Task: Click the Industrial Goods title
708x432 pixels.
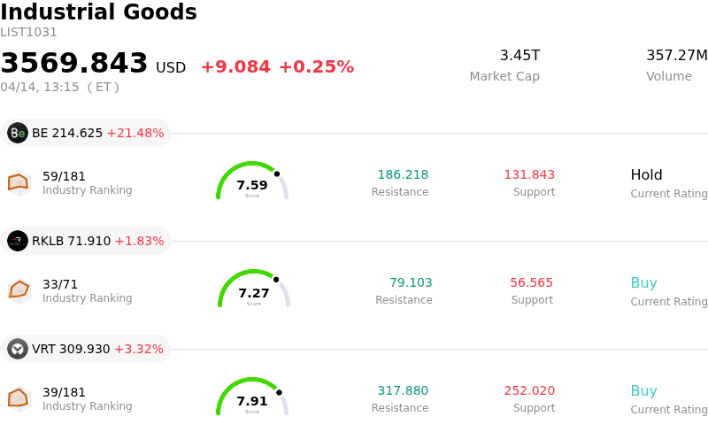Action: (98, 12)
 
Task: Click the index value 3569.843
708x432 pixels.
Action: (74, 64)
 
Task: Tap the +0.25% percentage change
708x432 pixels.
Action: (316, 67)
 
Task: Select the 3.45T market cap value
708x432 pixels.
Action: (519, 56)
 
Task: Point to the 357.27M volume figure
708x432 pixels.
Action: (676, 56)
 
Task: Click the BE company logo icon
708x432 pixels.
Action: (18, 133)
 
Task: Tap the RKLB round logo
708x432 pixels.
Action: (18, 241)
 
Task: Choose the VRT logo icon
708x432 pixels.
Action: (18, 349)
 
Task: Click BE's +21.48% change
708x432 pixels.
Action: (135, 133)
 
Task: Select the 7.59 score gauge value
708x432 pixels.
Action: (252, 185)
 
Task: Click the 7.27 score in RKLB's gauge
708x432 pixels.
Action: (254, 293)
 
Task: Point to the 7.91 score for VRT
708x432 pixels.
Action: (252, 401)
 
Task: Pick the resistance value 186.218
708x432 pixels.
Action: (403, 174)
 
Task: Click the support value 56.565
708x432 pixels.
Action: (531, 282)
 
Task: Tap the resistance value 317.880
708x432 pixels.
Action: (403, 390)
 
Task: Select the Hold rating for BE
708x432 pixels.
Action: (646, 174)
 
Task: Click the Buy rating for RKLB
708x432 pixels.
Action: (643, 283)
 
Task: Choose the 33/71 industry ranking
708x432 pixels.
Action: (60, 284)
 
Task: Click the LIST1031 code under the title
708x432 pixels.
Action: (28, 33)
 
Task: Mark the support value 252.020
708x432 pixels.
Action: (529, 390)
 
